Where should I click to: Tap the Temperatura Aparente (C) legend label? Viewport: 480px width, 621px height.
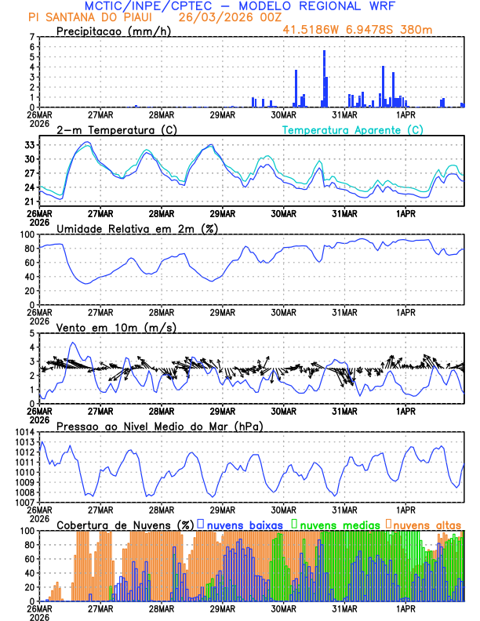(x=353, y=129)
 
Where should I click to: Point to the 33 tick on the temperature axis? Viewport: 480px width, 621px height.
(x=30, y=145)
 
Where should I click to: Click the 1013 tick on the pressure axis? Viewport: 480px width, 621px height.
(x=25, y=442)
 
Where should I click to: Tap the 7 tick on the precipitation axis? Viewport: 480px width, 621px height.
(x=32, y=37)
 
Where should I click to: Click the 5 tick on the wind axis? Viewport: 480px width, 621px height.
(x=32, y=333)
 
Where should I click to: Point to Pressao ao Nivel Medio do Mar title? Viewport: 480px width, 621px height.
(x=159, y=426)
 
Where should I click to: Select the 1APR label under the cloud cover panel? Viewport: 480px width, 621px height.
(x=405, y=608)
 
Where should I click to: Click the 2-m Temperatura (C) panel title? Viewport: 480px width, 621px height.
(x=117, y=129)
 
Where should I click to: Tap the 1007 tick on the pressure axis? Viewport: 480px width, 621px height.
(x=25, y=502)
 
